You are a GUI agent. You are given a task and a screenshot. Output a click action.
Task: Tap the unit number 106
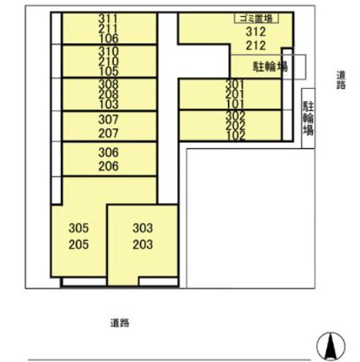tap(108, 37)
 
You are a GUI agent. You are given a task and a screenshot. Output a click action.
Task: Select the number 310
tap(108, 52)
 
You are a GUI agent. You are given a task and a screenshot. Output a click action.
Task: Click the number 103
tap(108, 104)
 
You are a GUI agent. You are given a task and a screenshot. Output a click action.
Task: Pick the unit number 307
tap(108, 120)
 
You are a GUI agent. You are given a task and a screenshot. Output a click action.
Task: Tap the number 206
tap(108, 166)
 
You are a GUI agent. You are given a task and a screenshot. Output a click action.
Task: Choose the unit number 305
tap(78, 228)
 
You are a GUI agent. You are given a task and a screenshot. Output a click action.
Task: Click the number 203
tap(143, 245)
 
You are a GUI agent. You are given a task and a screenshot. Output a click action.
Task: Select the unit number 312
tap(255, 31)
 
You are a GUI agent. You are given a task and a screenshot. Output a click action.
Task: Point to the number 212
tap(255, 46)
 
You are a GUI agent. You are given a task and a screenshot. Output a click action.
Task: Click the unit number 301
tap(235, 84)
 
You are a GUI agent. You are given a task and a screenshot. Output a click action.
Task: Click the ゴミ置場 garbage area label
tap(254, 18)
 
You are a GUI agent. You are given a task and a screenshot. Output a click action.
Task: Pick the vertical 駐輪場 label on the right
tap(309, 118)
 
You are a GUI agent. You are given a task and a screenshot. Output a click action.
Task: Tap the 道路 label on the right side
tap(340, 79)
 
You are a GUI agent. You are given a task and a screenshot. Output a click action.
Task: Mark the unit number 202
tap(235, 126)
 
